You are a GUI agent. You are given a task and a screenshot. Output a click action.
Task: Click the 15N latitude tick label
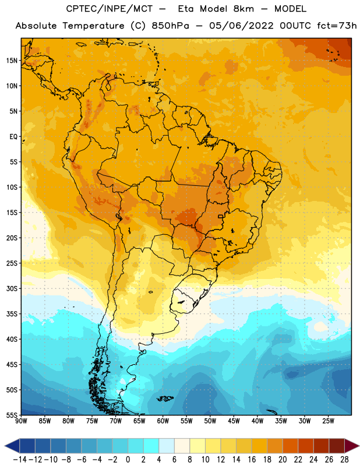12,61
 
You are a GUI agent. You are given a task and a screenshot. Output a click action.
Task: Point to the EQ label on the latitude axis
13,137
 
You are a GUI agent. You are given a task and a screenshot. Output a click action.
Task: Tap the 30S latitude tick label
12,288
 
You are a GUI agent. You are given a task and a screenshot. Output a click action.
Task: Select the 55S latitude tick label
12,415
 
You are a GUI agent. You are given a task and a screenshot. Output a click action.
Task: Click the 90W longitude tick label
21,421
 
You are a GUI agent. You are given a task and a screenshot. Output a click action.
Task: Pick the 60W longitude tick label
163,421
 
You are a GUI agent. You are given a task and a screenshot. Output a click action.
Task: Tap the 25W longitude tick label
328,421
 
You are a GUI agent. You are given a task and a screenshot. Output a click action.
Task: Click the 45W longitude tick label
234,421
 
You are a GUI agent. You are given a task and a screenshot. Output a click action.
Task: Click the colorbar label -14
20,460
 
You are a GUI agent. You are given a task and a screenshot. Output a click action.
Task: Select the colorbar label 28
344,460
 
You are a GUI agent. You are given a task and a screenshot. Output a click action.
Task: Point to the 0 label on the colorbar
128,460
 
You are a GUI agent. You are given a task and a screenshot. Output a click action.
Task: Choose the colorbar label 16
252,460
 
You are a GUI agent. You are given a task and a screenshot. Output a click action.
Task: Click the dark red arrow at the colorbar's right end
352,446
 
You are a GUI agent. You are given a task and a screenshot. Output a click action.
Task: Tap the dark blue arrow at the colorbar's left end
12,446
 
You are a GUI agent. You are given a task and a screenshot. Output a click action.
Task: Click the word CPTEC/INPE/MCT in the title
110,9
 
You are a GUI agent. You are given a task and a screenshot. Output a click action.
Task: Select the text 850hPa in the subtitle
170,26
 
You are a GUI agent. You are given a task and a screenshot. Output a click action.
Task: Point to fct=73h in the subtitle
337,26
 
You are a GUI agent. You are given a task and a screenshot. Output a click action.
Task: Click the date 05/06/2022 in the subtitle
241,26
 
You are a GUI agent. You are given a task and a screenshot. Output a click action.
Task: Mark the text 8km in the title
243,9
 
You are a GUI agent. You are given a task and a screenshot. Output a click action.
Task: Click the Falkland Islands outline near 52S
165,398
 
